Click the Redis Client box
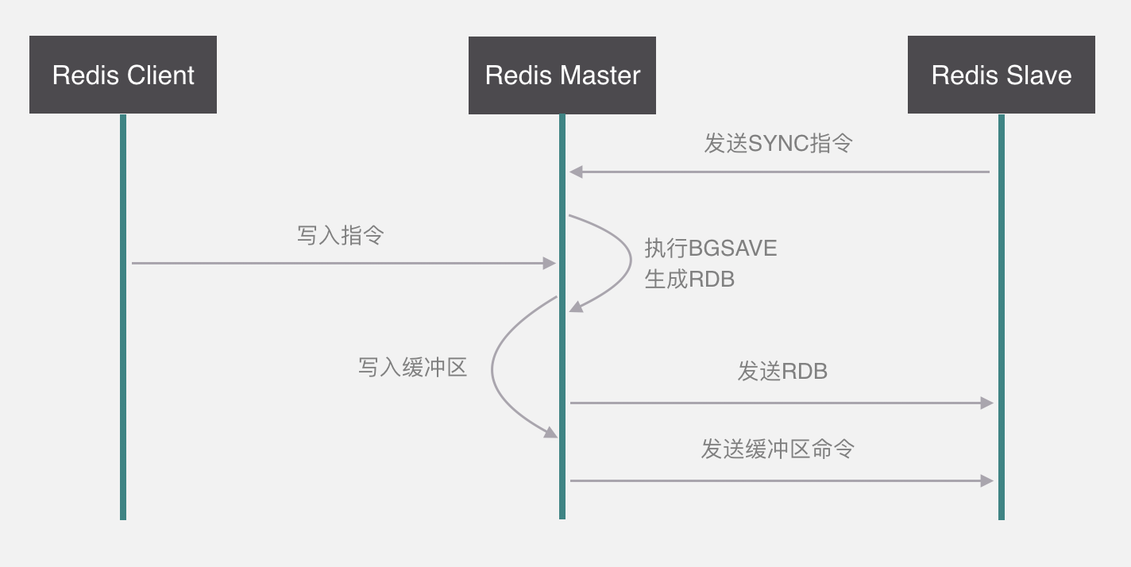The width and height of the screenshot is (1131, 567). point(123,75)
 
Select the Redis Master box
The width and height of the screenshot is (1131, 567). point(562,75)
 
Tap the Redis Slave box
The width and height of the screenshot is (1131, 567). point(1002,75)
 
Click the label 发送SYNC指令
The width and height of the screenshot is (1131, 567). point(778,144)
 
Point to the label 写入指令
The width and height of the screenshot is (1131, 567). point(340,235)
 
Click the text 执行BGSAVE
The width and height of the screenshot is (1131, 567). point(710,249)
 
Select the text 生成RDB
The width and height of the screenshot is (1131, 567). point(689,279)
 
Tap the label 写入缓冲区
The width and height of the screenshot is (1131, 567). point(412,367)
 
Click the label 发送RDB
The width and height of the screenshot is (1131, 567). point(782,371)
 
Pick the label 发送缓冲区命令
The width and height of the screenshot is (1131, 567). point(778,449)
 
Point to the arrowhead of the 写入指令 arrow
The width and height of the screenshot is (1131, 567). point(549,263)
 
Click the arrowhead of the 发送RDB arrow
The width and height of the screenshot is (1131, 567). point(987,403)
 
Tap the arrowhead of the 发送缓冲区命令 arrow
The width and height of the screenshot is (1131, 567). point(987,480)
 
